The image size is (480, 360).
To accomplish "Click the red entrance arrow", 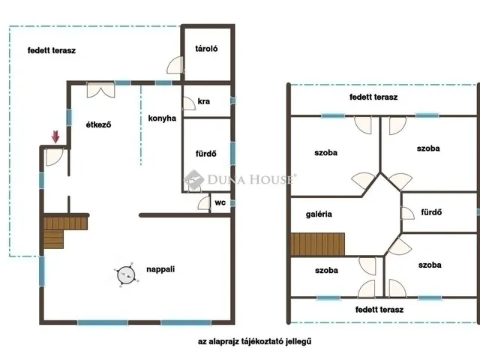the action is pyautogui.click(x=55, y=136).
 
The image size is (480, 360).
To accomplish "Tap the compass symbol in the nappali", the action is pyautogui.click(x=126, y=275).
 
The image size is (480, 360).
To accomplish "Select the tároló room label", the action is pyautogui.click(x=206, y=48).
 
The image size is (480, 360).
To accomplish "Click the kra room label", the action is pyautogui.click(x=204, y=101).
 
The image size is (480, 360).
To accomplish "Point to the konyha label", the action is pyautogui.click(x=162, y=118).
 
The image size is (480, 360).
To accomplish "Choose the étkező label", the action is pyautogui.click(x=98, y=124).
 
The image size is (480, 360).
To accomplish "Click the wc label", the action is pyautogui.click(x=220, y=202).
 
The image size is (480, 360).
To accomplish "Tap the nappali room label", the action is pyautogui.click(x=160, y=269).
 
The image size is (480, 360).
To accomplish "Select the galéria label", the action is pyautogui.click(x=319, y=214).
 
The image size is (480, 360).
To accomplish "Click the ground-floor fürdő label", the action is pyautogui.click(x=206, y=153).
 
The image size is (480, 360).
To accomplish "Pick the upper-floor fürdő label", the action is pyautogui.click(x=431, y=212).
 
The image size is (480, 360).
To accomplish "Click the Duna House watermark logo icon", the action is pyautogui.click(x=193, y=180).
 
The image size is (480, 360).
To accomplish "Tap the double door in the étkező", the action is pyautogui.click(x=100, y=90).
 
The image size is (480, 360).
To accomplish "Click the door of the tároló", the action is pyautogui.click(x=175, y=65).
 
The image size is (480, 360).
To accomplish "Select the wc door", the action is pyautogui.click(x=204, y=203).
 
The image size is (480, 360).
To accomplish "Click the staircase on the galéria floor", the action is pyautogui.click(x=317, y=244).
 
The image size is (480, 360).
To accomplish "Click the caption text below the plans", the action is pyautogui.click(x=254, y=341).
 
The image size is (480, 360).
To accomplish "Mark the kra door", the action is pyautogui.click(x=190, y=103).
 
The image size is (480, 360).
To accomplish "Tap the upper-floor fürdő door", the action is pyautogui.click(x=408, y=213).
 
